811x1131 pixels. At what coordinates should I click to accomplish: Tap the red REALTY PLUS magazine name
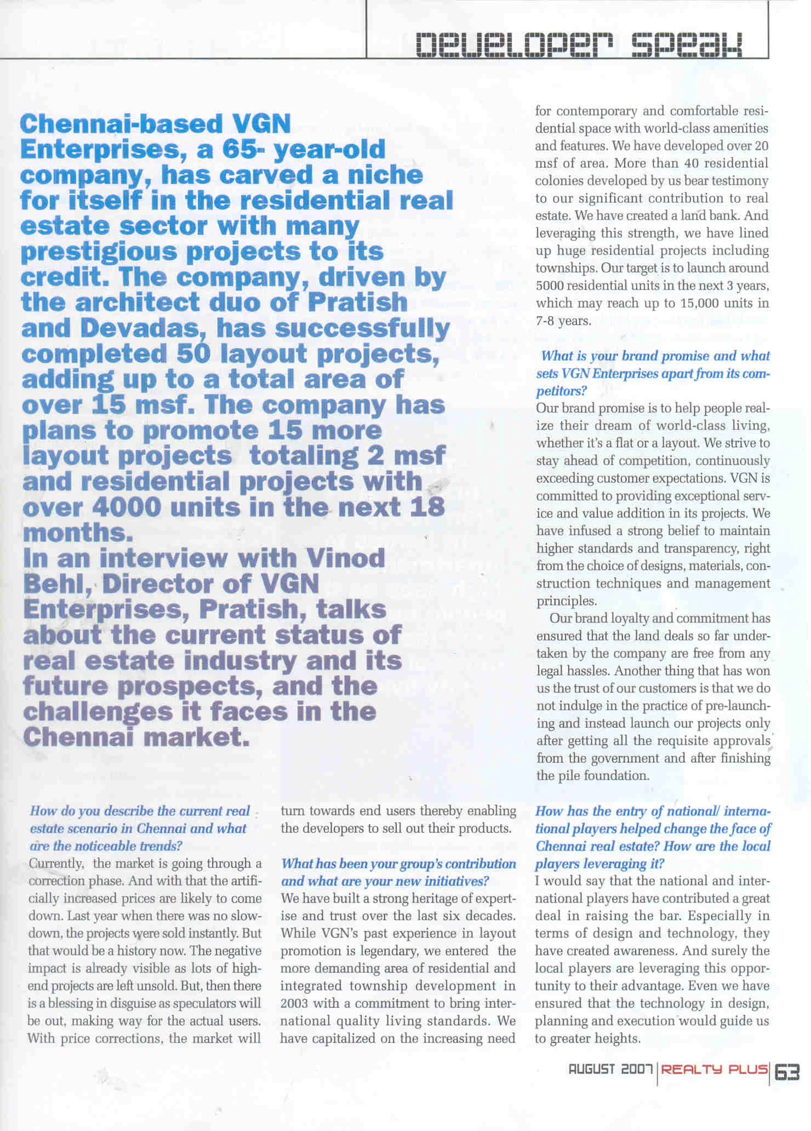714,1069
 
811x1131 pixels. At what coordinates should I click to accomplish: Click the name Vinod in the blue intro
345,558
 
